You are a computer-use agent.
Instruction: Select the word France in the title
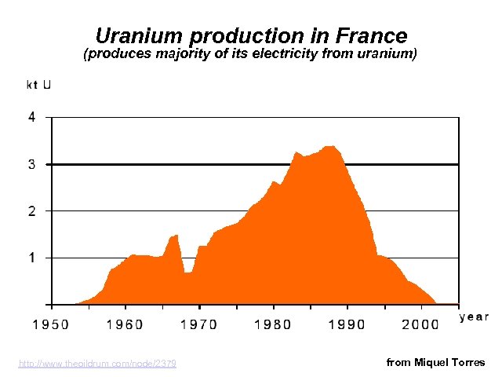coord(371,36)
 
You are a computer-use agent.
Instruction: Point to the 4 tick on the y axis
coord(31,118)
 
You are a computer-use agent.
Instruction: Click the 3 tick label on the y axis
coord(31,165)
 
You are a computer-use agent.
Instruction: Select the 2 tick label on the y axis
coord(31,211)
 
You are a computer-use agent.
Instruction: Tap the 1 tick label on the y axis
coord(31,258)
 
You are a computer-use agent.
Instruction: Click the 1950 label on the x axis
coord(49,323)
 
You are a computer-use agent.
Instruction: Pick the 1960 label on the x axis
coord(124,323)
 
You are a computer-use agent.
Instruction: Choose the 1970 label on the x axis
coord(198,323)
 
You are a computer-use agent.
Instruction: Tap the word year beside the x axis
coord(473,317)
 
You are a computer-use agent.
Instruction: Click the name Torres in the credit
coord(468,362)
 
